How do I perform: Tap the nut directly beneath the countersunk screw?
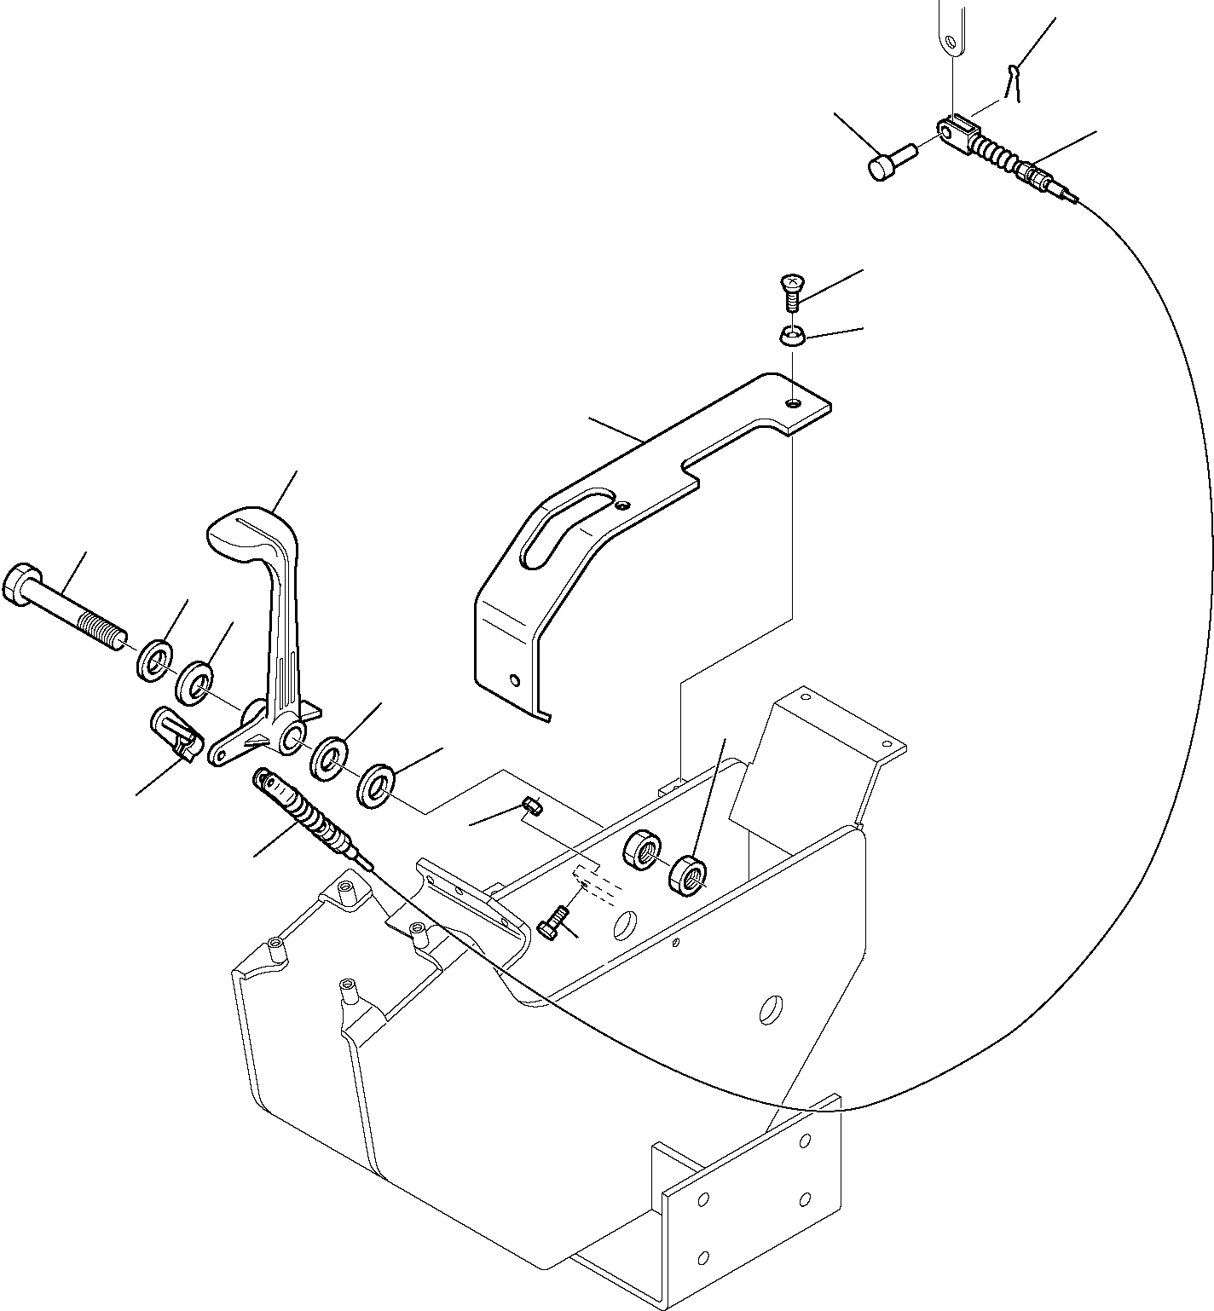[792, 337]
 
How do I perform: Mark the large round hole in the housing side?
[772, 1008]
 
